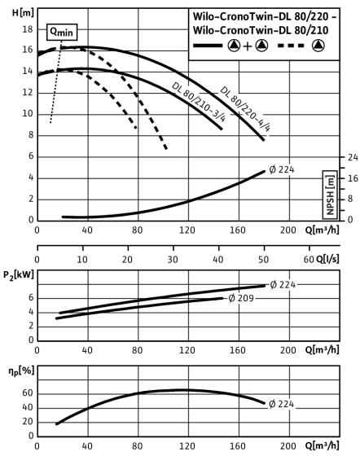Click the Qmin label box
point(62,32)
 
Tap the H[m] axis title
point(23,12)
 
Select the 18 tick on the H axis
point(28,29)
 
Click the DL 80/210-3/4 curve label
point(199,102)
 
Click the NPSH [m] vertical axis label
point(330,195)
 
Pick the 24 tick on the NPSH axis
point(353,157)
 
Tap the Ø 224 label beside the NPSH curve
point(282,169)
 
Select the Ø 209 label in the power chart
point(241,298)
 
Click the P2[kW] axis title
point(19,275)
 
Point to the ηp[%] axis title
point(21,370)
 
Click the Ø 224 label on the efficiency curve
point(282,404)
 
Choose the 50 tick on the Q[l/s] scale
point(263,260)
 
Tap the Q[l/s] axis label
point(327,259)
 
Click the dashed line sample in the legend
point(291,46)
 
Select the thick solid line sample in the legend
point(208,46)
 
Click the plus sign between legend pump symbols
point(247,46)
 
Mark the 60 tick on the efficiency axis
point(28,393)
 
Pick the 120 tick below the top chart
point(187,230)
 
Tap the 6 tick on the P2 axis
point(31,298)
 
